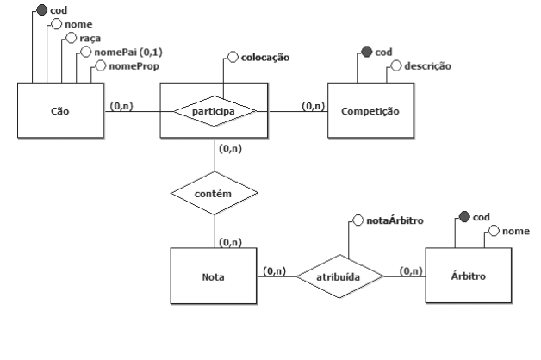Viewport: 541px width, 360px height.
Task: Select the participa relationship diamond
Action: pos(215,111)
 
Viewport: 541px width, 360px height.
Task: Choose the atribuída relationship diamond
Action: pos(338,276)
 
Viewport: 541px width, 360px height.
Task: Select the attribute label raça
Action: pos(90,39)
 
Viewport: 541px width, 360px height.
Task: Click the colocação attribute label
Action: pos(264,58)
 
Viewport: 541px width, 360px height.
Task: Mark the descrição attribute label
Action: pos(427,65)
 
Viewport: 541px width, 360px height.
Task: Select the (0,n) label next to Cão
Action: pos(121,106)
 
